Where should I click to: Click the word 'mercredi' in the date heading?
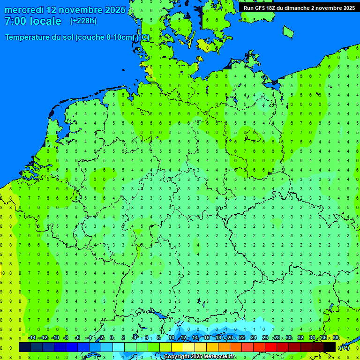point(24,10)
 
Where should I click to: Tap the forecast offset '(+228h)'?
point(83,21)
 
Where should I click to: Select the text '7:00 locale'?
point(33,21)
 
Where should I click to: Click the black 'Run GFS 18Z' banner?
point(299,8)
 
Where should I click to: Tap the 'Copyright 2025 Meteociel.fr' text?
point(200,357)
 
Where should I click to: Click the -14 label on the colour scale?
point(31,338)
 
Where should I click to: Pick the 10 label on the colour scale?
point(171,338)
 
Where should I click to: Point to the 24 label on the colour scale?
point(253,338)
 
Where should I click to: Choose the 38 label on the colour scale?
point(336,338)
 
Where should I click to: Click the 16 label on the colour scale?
point(206,338)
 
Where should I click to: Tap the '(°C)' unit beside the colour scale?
point(344,347)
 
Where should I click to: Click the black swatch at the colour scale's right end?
point(330,347)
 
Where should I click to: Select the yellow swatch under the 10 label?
point(177,347)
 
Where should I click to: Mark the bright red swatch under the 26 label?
point(270,347)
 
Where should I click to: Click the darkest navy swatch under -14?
point(25,347)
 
